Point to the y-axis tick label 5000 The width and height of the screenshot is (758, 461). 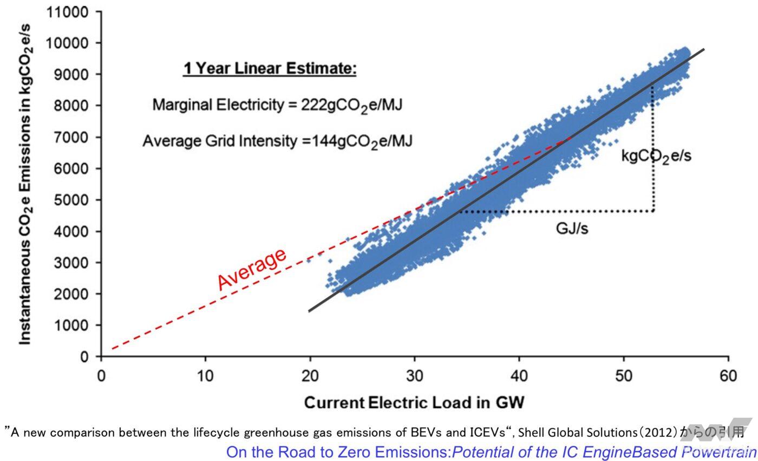click(69, 200)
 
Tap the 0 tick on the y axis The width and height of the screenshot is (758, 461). click(84, 357)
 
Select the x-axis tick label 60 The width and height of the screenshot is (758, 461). click(728, 376)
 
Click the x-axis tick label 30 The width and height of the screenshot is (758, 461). click(415, 376)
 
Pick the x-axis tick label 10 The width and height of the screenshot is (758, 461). click(206, 376)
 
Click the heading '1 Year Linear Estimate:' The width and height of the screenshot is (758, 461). click(270, 69)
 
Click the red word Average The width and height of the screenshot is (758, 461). click(252, 269)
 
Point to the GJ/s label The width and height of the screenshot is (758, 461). click(572, 229)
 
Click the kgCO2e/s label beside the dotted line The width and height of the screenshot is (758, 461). click(656, 157)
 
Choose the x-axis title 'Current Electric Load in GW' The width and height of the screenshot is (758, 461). click(414, 402)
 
